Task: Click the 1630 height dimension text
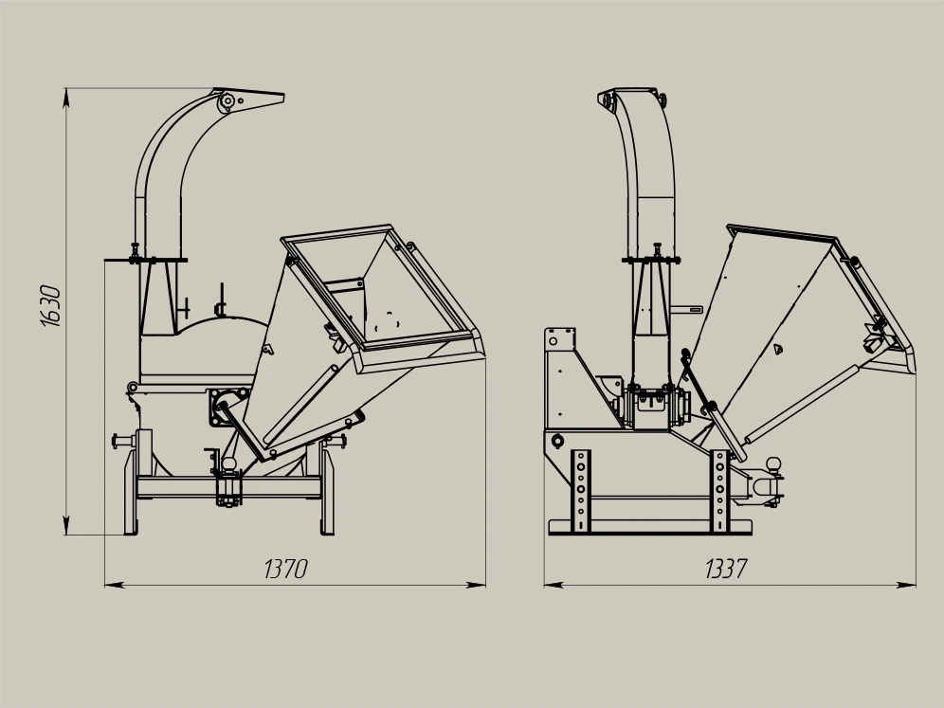pyautogui.click(x=52, y=306)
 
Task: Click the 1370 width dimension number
pyautogui.click(x=286, y=569)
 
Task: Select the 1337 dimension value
pyautogui.click(x=726, y=569)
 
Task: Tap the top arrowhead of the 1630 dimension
pyautogui.click(x=66, y=98)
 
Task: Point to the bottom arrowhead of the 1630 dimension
pyautogui.click(x=66, y=524)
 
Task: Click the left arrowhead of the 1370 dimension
pyautogui.click(x=115, y=584)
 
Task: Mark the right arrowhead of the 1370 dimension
pyautogui.click(x=476, y=584)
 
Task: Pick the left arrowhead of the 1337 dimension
pyautogui.click(x=554, y=584)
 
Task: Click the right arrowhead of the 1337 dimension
pyautogui.click(x=905, y=584)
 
